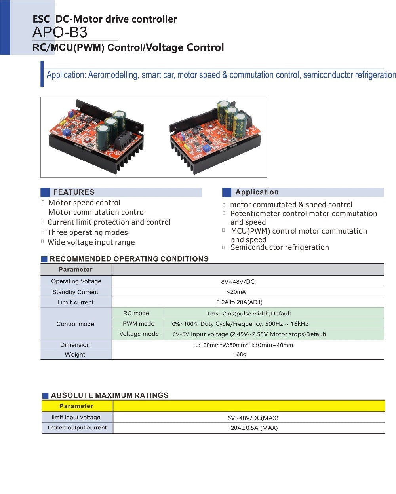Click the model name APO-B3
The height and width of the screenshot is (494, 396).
pyautogui.click(x=60, y=32)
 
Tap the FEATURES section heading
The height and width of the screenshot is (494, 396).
pyautogui.click(x=74, y=192)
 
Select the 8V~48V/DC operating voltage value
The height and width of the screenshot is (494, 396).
pyautogui.click(x=238, y=282)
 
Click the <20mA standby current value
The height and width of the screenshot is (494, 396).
pyautogui.click(x=236, y=292)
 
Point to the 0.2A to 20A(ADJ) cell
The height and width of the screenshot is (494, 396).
pyautogui.click(x=239, y=302)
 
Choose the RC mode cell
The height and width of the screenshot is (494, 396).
pyautogui.click(x=136, y=313)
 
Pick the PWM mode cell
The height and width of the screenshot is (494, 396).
pyautogui.click(x=139, y=324)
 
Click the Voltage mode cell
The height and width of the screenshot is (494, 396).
pyautogui.click(x=139, y=334)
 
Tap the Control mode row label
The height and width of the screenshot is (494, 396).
pyautogui.click(x=75, y=324)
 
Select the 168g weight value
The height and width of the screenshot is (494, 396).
pyautogui.click(x=240, y=354)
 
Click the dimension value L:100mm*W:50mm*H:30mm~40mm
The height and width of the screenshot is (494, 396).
pyautogui.click(x=244, y=345)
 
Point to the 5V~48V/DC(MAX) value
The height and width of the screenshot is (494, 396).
pyautogui.click(x=253, y=418)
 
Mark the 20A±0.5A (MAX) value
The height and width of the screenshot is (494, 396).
pyautogui.click(x=254, y=427)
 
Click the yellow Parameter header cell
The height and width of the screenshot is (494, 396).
pyautogui.click(x=76, y=406)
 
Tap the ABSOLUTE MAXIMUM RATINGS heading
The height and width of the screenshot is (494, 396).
pyautogui.click(x=110, y=395)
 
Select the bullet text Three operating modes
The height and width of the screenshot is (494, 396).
pyautogui.click(x=87, y=232)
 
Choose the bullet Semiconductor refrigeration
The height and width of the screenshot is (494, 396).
pyautogui.click(x=280, y=247)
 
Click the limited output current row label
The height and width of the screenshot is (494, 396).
pyautogui.click(x=77, y=427)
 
